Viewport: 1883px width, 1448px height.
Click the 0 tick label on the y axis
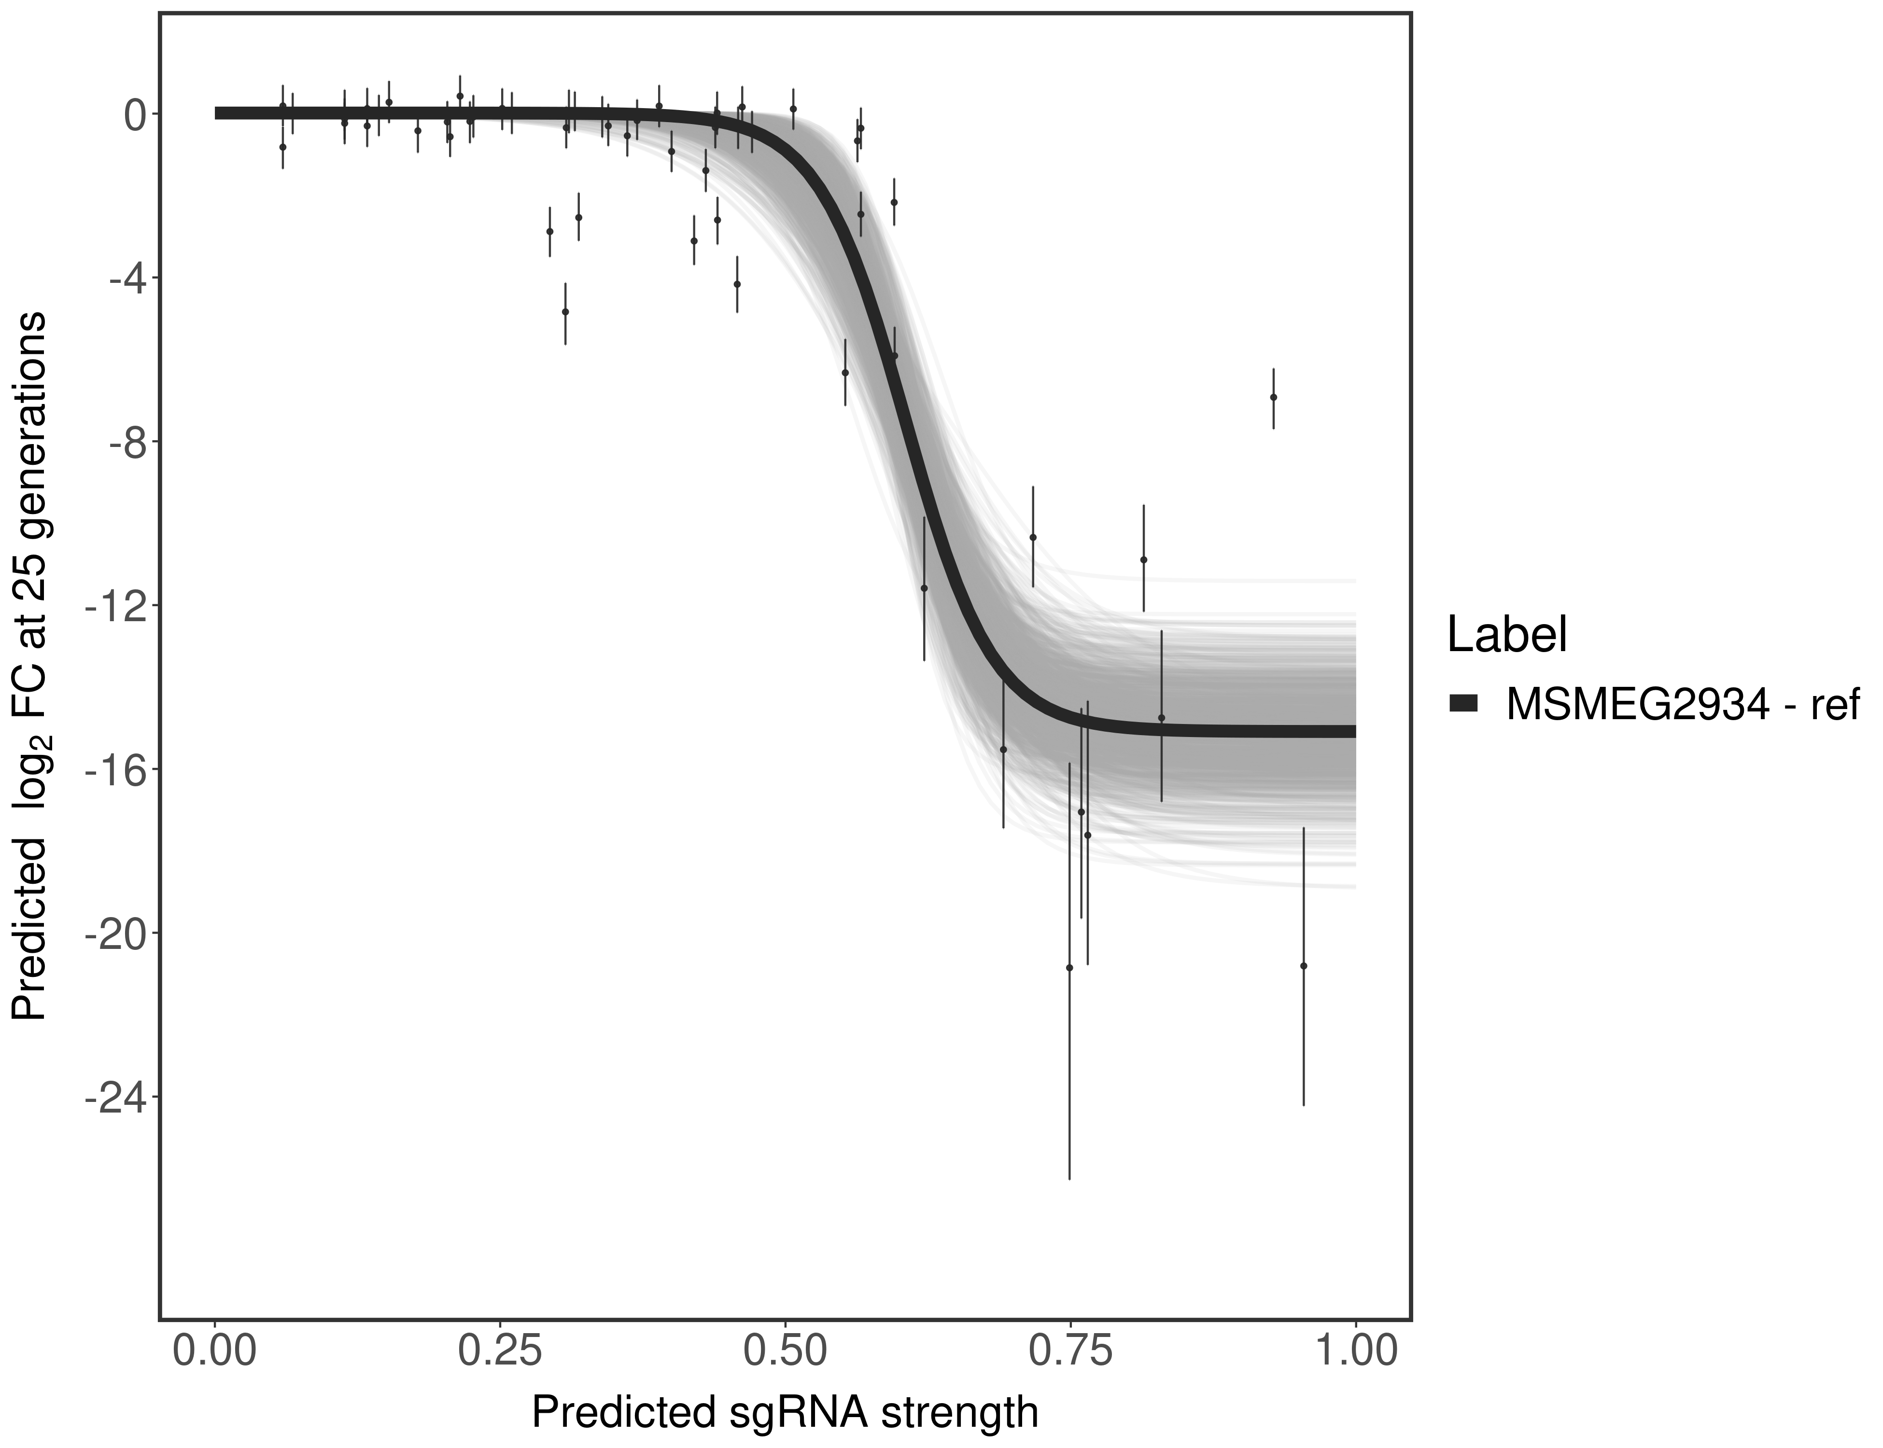click(135, 115)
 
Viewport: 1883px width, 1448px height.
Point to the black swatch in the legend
click(1464, 704)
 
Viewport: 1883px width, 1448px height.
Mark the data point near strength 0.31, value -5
click(565, 311)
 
